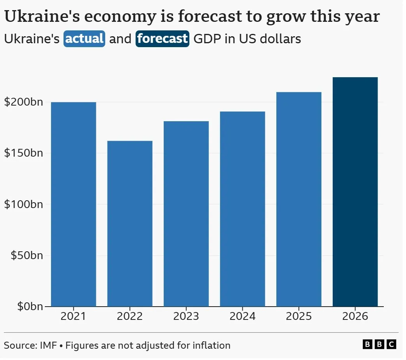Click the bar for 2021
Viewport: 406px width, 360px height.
74,204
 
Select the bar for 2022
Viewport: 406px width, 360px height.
130,224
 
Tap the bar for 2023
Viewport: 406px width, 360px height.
186,214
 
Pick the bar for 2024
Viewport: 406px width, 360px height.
242,209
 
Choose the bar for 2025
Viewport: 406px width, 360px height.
299,199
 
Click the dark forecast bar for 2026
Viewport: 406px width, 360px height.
355,192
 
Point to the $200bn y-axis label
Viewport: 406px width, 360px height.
23,102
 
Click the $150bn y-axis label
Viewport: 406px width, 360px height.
23,153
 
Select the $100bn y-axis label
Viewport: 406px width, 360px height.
23,204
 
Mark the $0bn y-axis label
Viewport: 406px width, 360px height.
28,307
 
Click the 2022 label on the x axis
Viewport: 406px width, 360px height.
130,316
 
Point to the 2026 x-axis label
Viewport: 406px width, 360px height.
355,316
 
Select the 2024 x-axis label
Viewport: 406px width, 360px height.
242,316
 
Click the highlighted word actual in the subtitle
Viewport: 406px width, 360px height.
85,39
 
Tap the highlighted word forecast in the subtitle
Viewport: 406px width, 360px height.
162,39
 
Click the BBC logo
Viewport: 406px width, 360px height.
379,344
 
